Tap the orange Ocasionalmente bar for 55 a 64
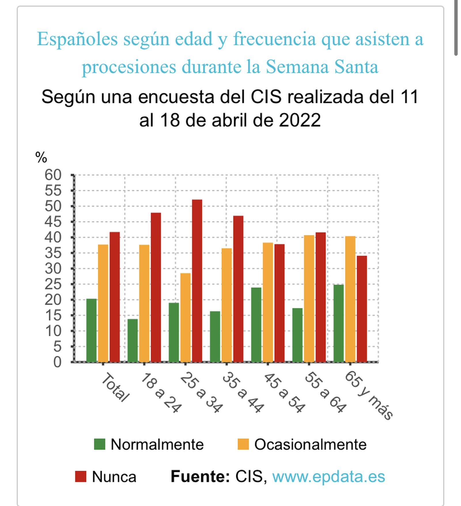tap(309, 298)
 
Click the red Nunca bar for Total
tap(114, 297)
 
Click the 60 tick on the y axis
tap(53, 175)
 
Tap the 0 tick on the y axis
tap(57, 362)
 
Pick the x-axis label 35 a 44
tap(243, 392)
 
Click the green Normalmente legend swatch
tap(100, 444)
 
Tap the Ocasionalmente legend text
tap(310, 444)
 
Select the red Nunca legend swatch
tap(80, 477)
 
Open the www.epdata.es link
tap(328, 477)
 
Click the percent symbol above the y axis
tap(41, 158)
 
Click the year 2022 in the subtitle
tap(300, 120)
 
